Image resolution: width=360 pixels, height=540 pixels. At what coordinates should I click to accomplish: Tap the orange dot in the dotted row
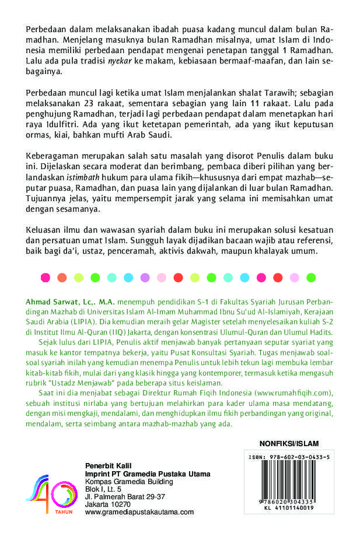61,277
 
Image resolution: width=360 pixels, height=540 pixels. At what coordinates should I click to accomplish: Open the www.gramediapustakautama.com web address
139,511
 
